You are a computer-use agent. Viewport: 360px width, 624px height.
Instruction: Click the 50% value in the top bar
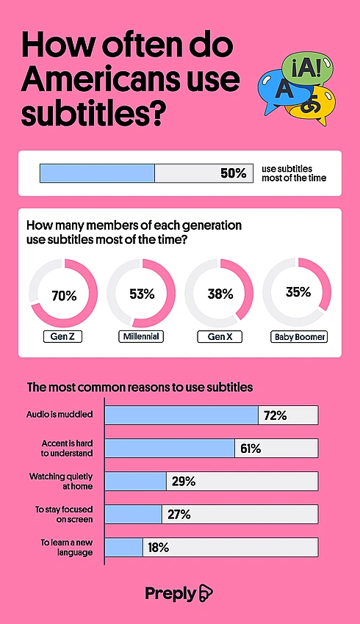click(234, 173)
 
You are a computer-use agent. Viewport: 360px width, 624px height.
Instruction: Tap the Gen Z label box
click(62, 337)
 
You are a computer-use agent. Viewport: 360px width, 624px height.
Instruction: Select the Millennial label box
click(141, 336)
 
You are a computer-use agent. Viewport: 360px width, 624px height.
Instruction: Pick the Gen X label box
click(220, 337)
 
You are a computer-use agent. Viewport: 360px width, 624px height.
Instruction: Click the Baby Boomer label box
click(299, 337)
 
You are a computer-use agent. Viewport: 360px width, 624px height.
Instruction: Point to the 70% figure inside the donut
click(64, 296)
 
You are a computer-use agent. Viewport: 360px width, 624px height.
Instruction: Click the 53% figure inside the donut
click(142, 294)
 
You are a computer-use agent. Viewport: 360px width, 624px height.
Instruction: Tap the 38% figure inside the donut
click(220, 294)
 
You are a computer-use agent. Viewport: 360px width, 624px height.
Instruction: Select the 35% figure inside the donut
click(298, 292)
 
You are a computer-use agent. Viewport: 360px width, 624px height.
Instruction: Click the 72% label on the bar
click(275, 416)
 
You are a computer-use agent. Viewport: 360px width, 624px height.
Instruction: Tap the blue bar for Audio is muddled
click(181, 415)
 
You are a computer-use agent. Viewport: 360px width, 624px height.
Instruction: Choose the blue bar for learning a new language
click(124, 547)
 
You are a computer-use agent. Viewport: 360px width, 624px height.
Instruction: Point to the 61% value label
click(251, 449)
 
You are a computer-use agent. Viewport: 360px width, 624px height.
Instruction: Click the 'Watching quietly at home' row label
click(60, 481)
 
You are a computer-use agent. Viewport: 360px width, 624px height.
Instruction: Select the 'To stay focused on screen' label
click(64, 514)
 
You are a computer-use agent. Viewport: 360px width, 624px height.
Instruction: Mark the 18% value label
click(158, 548)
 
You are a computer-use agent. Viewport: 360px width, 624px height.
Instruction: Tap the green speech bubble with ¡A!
click(307, 70)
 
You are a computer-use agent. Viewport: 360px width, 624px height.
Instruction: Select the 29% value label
click(184, 482)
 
